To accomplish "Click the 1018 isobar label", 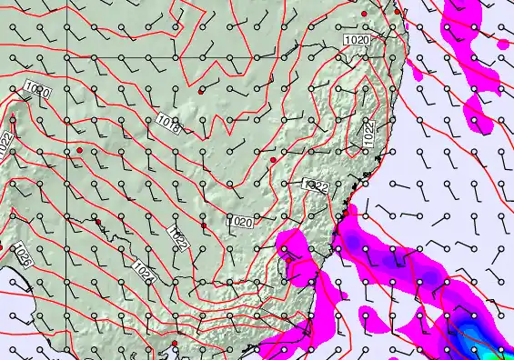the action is tap(166, 123).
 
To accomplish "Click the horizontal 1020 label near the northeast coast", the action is tap(357, 41).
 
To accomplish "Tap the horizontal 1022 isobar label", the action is tap(316, 185).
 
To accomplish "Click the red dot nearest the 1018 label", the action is tap(200, 92).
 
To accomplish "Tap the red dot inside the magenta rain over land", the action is tap(287, 256).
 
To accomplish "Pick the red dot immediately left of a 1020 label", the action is tap(204, 225).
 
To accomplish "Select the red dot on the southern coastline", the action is tap(174, 344).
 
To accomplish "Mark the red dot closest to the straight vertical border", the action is tap(79, 149).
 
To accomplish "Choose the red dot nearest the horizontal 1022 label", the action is tap(273, 160).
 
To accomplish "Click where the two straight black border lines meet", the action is tap(67, 57).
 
